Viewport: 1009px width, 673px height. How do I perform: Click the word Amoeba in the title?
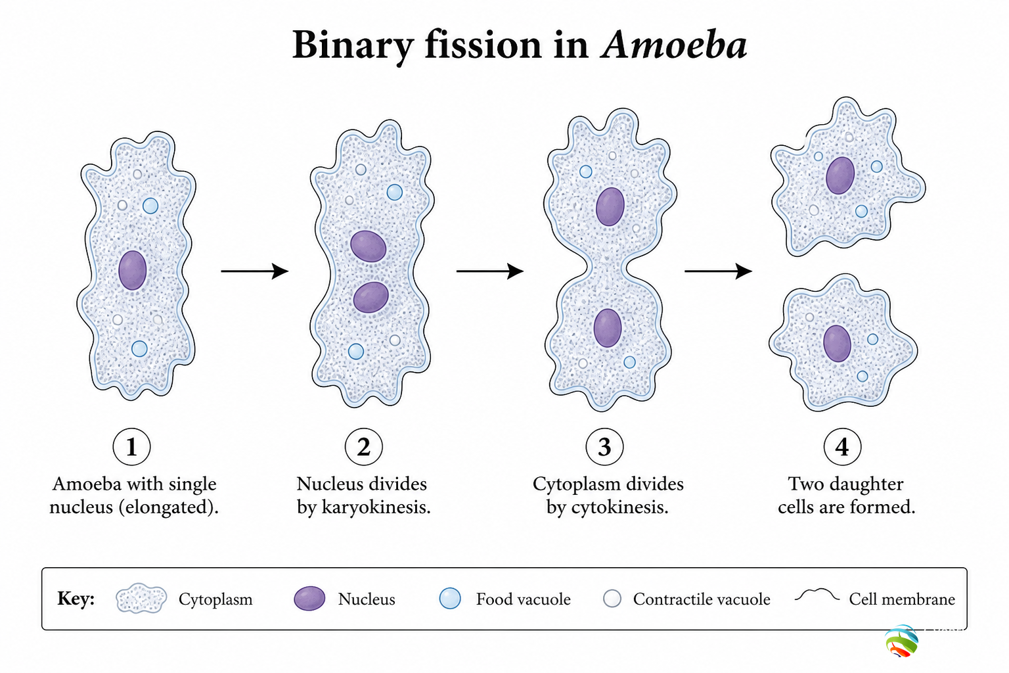(674, 45)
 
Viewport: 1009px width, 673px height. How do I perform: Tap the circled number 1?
(131, 446)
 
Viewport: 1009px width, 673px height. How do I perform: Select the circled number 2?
(363, 446)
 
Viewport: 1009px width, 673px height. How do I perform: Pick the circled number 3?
(604, 446)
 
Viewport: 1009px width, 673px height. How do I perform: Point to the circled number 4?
(842, 446)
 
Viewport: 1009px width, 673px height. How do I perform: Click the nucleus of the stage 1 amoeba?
(133, 270)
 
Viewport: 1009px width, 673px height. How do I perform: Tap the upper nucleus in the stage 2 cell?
(369, 246)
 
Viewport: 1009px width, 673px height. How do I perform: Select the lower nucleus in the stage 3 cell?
(608, 328)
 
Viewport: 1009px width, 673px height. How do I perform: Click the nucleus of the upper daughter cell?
(840, 175)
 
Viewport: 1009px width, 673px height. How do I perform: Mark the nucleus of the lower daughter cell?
(838, 344)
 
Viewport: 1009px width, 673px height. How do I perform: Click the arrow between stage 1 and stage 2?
(254, 271)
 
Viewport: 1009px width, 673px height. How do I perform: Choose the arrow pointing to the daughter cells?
(718, 271)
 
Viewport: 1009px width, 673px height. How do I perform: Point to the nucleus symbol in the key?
(309, 599)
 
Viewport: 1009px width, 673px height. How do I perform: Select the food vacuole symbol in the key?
(450, 599)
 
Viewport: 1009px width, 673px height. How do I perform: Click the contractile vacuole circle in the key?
(612, 599)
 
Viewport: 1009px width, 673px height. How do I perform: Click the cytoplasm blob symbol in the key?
(141, 598)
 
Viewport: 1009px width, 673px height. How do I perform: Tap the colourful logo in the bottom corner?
(901, 641)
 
